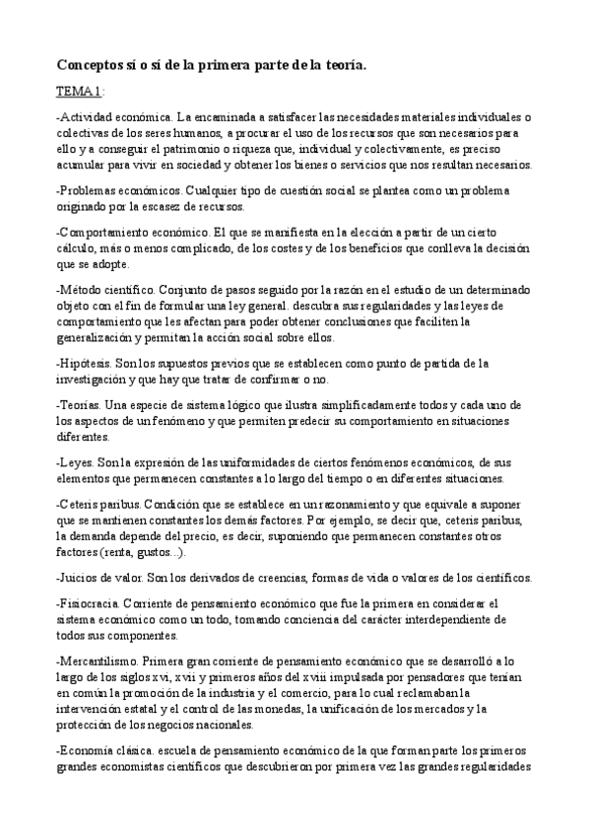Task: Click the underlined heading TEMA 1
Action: click(78, 93)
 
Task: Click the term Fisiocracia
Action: click(92, 603)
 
